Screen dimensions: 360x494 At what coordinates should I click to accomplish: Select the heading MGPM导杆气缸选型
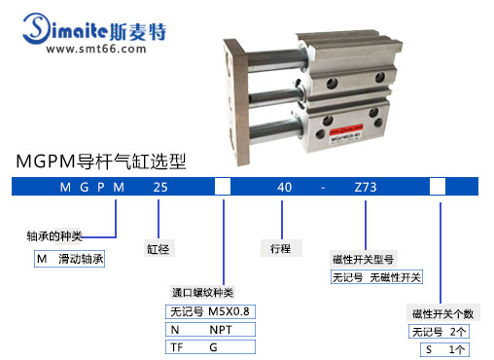[102, 159]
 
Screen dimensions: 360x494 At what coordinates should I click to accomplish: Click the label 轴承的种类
[54, 235]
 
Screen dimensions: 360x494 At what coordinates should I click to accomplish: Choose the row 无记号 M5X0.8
[210, 312]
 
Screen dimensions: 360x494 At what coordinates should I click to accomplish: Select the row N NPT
[210, 329]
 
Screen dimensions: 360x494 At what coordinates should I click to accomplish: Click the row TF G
[210, 345]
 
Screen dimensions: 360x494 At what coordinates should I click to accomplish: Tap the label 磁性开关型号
[362, 259]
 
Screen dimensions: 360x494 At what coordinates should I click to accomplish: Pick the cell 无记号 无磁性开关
[376, 277]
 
